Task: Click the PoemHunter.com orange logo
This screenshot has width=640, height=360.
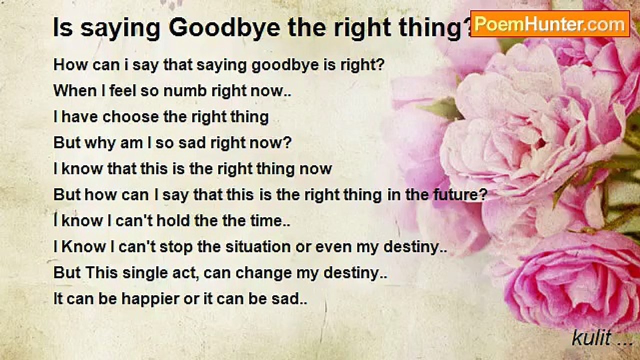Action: (x=550, y=24)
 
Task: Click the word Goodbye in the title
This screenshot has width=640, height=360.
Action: (x=224, y=27)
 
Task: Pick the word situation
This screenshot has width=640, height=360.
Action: (x=258, y=246)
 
